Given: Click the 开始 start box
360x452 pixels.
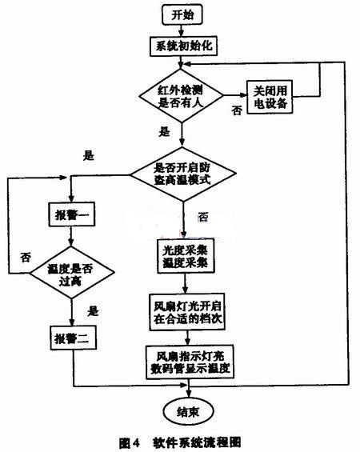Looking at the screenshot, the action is pos(182,14).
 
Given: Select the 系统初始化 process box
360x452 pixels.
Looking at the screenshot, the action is pos(183,46).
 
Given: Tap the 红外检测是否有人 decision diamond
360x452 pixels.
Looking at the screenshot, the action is pos(181,96).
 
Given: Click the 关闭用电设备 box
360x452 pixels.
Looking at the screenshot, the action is pos(270,97).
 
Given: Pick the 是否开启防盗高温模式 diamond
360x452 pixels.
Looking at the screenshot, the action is pos(183,174).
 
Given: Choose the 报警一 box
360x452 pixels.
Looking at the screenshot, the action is pos(72,214).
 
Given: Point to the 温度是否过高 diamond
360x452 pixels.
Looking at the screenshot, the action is pos(72,272).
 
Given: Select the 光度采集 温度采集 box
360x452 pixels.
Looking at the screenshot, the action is pos(186,256).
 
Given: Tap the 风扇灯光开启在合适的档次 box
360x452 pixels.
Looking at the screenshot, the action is pos(187,312).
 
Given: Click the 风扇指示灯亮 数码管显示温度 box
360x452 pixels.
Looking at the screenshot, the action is pos(190,362).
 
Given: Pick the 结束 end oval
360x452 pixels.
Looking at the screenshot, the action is pos(189,412).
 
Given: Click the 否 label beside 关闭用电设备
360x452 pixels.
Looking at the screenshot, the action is pos(237,110).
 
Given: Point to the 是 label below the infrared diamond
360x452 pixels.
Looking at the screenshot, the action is pos(164,131).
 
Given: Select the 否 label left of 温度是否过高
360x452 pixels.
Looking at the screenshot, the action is pos(26,258).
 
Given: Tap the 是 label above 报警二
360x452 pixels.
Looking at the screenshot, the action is pos(93,311).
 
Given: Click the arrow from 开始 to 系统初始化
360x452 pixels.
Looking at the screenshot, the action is pos(181,31).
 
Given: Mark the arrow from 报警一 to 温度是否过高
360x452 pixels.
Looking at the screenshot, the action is pos(71,236).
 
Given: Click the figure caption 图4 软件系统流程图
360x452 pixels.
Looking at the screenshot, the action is pos(180,442).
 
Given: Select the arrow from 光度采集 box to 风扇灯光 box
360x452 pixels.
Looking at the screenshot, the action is pos(185,284).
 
